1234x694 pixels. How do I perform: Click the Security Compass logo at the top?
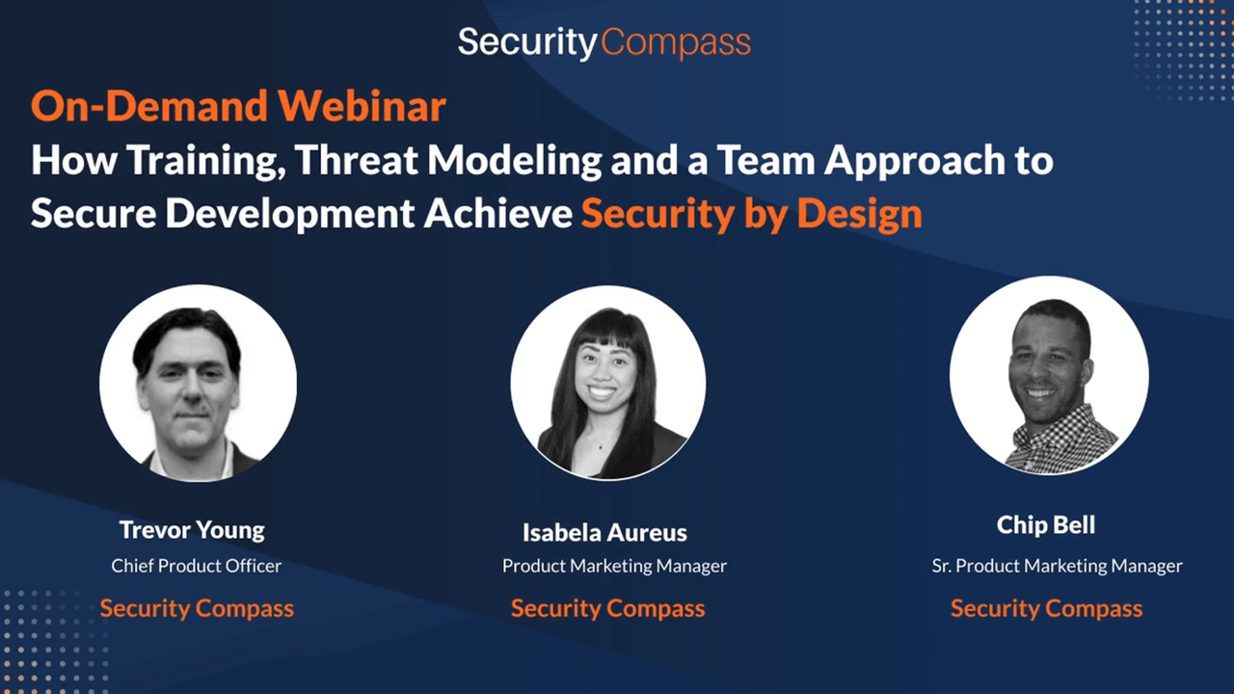(604, 43)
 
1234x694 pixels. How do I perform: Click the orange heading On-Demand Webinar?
(238, 106)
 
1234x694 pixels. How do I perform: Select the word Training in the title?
(206, 161)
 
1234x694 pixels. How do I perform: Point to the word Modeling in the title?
(515, 161)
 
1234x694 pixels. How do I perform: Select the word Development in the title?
(290, 214)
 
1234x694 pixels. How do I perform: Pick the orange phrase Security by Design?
(751, 214)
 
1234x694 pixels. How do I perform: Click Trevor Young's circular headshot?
(198, 384)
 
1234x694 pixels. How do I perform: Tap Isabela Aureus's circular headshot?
(608, 383)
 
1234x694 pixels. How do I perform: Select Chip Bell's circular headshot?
(1049, 376)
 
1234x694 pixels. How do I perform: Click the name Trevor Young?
(192, 530)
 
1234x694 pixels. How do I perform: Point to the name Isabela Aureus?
(604, 533)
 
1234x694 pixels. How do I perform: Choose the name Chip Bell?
(1046, 525)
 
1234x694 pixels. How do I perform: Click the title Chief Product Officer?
(196, 566)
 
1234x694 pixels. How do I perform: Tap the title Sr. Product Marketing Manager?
(1058, 566)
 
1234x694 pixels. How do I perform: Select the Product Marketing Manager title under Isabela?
(614, 566)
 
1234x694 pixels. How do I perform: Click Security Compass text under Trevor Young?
(197, 608)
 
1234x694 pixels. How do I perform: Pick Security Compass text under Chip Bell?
(1046, 608)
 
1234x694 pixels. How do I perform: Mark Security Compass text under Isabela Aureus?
(607, 608)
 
